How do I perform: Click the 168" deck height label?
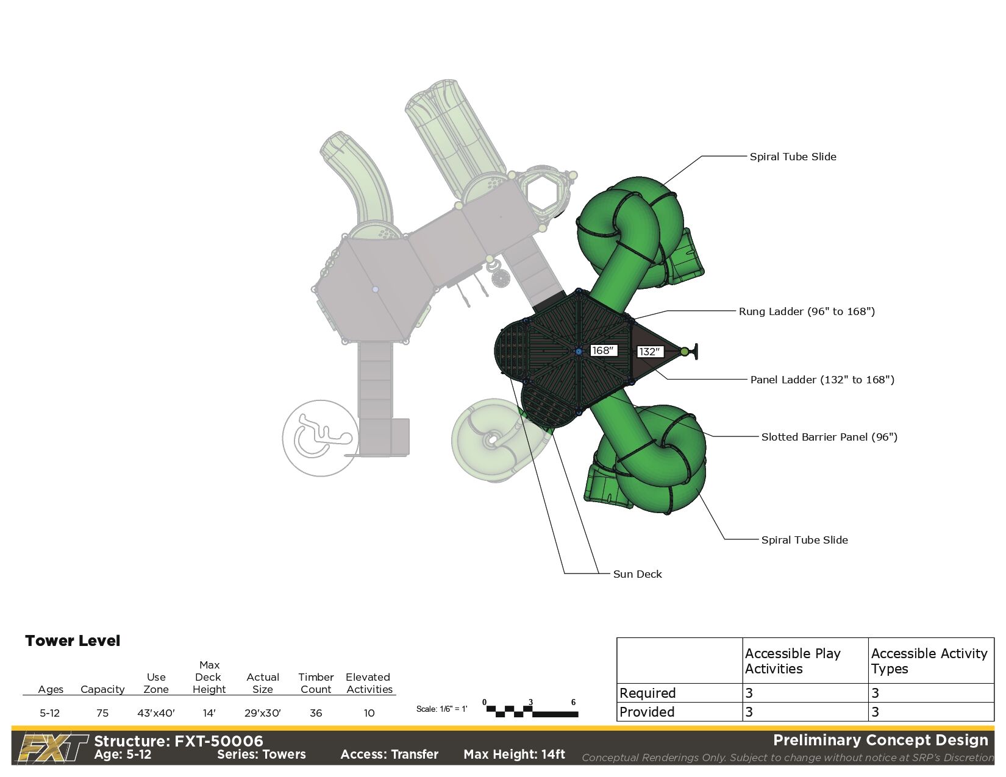coord(603,350)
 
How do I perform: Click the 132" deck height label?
coord(650,352)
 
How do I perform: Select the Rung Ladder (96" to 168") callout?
coord(806,311)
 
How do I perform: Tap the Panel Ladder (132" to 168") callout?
coord(822,380)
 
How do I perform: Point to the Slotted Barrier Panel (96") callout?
coord(829,437)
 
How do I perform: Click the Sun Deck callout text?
coord(637,574)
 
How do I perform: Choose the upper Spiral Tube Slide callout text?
coord(793,157)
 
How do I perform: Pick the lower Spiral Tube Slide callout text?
coord(804,540)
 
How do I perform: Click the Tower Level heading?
coord(73,641)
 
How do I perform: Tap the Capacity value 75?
coord(102,713)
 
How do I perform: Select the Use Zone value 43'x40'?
coord(156,713)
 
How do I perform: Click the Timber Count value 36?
coord(316,713)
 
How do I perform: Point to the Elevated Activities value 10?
coord(369,713)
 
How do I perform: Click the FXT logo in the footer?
coord(53,748)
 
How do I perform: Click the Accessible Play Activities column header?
coord(793,661)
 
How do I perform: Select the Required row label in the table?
coord(647,693)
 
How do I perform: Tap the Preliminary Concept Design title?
coord(880,740)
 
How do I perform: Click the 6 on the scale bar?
coord(573,703)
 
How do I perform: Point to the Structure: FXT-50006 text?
coord(179,741)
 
